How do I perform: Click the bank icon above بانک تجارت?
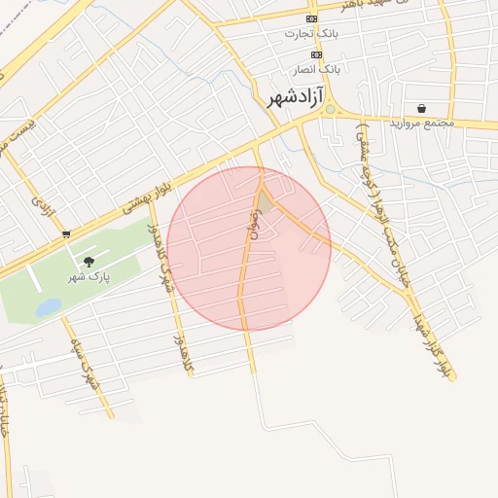coord(311,18)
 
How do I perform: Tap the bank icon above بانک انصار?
coord(316,54)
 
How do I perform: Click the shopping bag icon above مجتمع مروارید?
coord(420,108)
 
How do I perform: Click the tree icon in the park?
coord(89,262)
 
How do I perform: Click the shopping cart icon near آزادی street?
coord(65,233)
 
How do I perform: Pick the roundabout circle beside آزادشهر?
coord(330,108)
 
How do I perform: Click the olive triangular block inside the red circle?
coord(265,202)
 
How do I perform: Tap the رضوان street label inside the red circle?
coord(251,231)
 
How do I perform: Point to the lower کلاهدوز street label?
coord(190,332)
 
